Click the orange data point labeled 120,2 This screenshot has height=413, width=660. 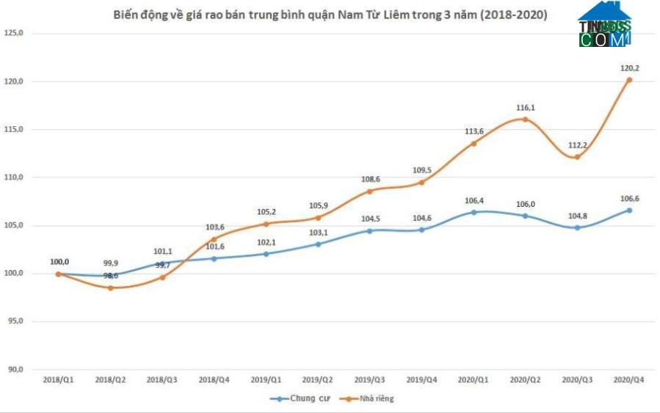pos(629,80)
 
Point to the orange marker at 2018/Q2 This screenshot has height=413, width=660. pos(110,288)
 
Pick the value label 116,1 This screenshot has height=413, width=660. pos(526,108)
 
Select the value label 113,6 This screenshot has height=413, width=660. pos(474,131)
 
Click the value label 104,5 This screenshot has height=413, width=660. pos(370,219)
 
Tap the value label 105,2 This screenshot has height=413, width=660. pos(266,212)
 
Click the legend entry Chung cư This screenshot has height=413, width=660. pos(297,398)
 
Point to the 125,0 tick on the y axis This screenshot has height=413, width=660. pos(14,34)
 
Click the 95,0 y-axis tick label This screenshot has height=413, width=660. pos(15,321)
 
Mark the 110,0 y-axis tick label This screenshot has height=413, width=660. pos(14,178)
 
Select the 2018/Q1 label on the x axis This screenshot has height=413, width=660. pos(58,380)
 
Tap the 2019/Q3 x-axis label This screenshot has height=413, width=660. pos(369,380)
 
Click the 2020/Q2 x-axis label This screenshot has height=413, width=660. pos(525,380)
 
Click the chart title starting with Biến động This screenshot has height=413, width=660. pos(330,14)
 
